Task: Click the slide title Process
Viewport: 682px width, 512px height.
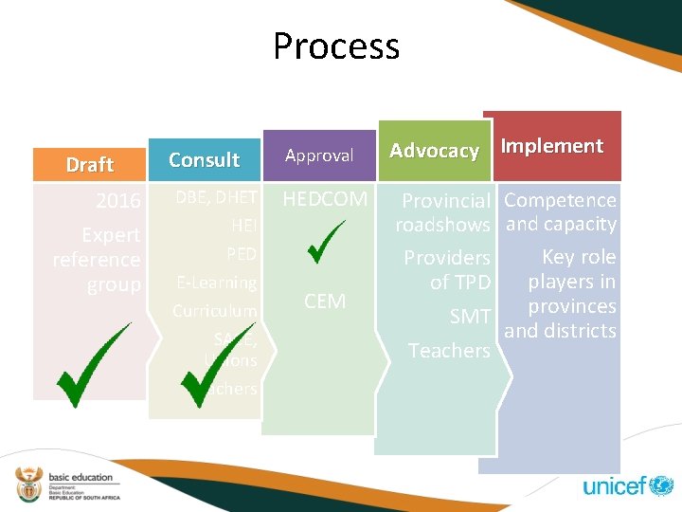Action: [336, 46]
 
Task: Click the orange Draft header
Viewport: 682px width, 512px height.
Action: [90, 164]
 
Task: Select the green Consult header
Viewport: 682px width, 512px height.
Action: [204, 159]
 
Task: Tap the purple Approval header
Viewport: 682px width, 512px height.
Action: [319, 155]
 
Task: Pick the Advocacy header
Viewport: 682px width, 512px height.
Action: [434, 151]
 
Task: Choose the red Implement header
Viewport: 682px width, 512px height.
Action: [551, 146]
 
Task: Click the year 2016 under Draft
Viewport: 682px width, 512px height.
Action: [118, 201]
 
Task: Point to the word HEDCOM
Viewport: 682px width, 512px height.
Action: [325, 199]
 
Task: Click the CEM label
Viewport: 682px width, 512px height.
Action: [325, 302]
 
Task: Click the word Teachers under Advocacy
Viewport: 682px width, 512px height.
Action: [449, 351]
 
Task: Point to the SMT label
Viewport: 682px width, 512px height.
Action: [470, 317]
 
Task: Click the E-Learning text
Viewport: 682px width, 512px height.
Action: [217, 283]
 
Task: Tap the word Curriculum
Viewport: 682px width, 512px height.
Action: [215, 311]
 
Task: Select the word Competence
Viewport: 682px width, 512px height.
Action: [560, 200]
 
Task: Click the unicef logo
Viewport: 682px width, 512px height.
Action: [627, 486]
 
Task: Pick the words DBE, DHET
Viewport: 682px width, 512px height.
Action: [216, 197]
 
